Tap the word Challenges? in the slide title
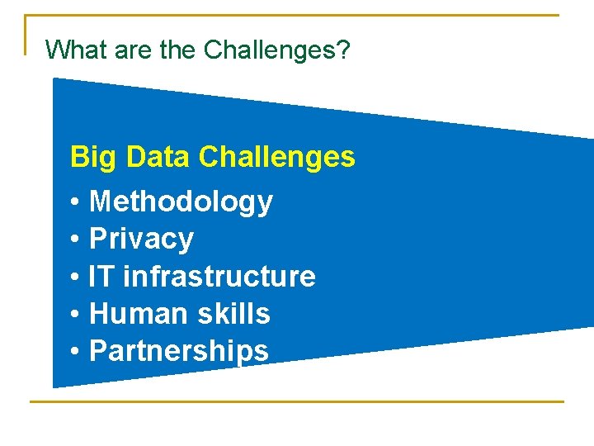[x=277, y=51]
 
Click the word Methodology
[x=181, y=202]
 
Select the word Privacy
[x=141, y=239]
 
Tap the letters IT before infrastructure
[x=101, y=276]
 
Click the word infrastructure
[x=219, y=276]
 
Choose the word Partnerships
[x=179, y=351]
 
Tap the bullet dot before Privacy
[x=75, y=240]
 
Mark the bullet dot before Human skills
[x=75, y=315]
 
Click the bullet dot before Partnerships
[x=75, y=352]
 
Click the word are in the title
[x=131, y=51]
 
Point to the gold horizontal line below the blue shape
[x=297, y=402]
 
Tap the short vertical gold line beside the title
[x=26, y=35]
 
